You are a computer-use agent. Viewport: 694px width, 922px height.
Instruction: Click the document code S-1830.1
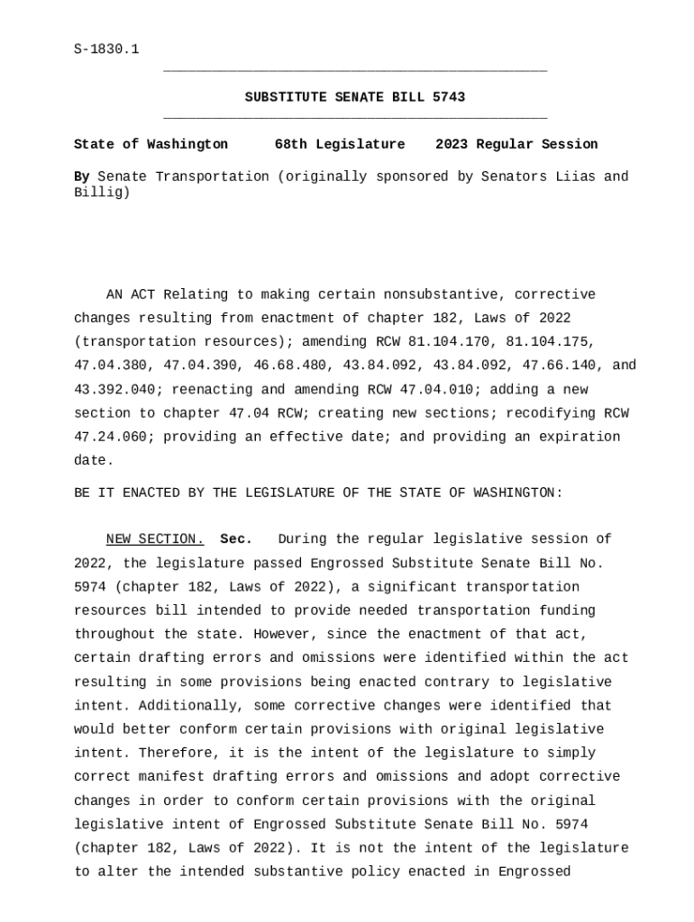[x=106, y=49]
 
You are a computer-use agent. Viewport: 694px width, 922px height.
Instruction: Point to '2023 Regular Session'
[x=516, y=144]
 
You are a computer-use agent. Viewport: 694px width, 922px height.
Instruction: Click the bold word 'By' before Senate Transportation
[x=81, y=176]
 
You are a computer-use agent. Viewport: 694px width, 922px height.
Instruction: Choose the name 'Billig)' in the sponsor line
[x=102, y=193]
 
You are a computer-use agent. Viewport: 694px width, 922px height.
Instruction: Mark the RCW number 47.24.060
[x=114, y=437]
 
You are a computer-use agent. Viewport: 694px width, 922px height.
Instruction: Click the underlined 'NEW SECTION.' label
[x=155, y=539]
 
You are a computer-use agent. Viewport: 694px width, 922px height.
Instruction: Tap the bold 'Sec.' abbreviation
[x=236, y=539]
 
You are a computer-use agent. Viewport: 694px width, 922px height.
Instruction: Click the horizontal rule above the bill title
[x=355, y=70]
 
